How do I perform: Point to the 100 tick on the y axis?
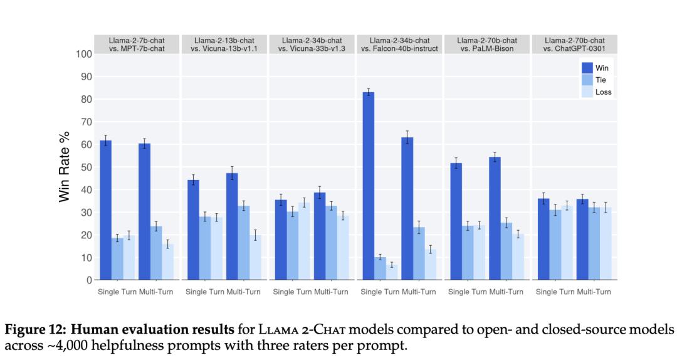(84, 54)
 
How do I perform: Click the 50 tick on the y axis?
(86, 167)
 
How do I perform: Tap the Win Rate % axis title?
(65, 166)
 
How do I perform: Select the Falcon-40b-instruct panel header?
(399, 45)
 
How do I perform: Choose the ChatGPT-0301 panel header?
(574, 45)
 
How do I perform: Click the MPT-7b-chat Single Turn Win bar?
(106, 210)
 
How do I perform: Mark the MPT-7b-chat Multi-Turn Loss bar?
(167, 262)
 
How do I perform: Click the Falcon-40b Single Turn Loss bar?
(392, 272)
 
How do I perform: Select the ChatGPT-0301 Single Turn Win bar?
(543, 239)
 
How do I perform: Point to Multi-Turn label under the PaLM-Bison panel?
(506, 292)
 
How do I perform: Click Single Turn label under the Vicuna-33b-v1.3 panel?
(292, 292)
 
